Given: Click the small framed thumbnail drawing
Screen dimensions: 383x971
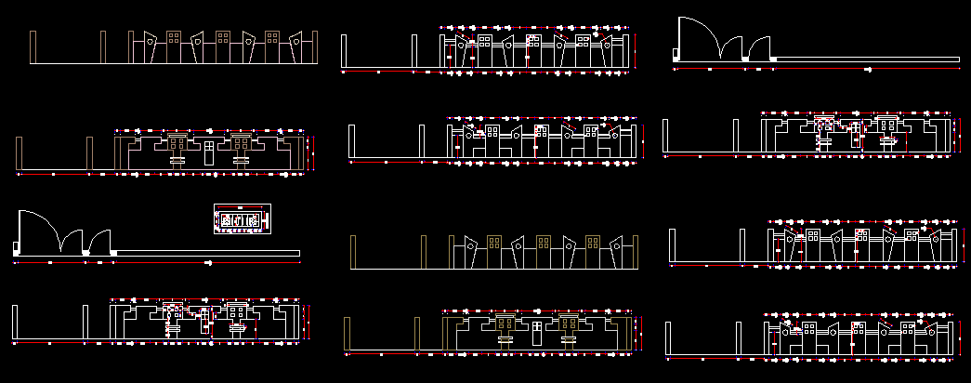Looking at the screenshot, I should pos(242,220).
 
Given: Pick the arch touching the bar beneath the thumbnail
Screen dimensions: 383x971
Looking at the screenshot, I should pos(100,240).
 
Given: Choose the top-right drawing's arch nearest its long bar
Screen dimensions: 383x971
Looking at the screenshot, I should pos(761,48).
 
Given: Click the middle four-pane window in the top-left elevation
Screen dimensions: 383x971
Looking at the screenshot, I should pos(223,37).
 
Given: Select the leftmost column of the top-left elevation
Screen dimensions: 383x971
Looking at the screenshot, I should pos(33,47).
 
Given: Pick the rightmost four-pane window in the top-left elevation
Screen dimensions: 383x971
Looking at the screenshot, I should pos(272,37).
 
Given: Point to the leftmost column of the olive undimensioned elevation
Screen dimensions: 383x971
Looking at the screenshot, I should pos(353,252).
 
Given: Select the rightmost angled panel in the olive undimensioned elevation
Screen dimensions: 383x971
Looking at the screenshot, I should pos(617,252).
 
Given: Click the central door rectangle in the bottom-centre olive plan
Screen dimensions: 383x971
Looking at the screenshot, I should pos(536,330).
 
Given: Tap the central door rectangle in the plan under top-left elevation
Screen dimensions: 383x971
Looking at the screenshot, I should pos(209,152).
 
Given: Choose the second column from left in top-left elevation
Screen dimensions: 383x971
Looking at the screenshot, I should pos(103,47).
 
